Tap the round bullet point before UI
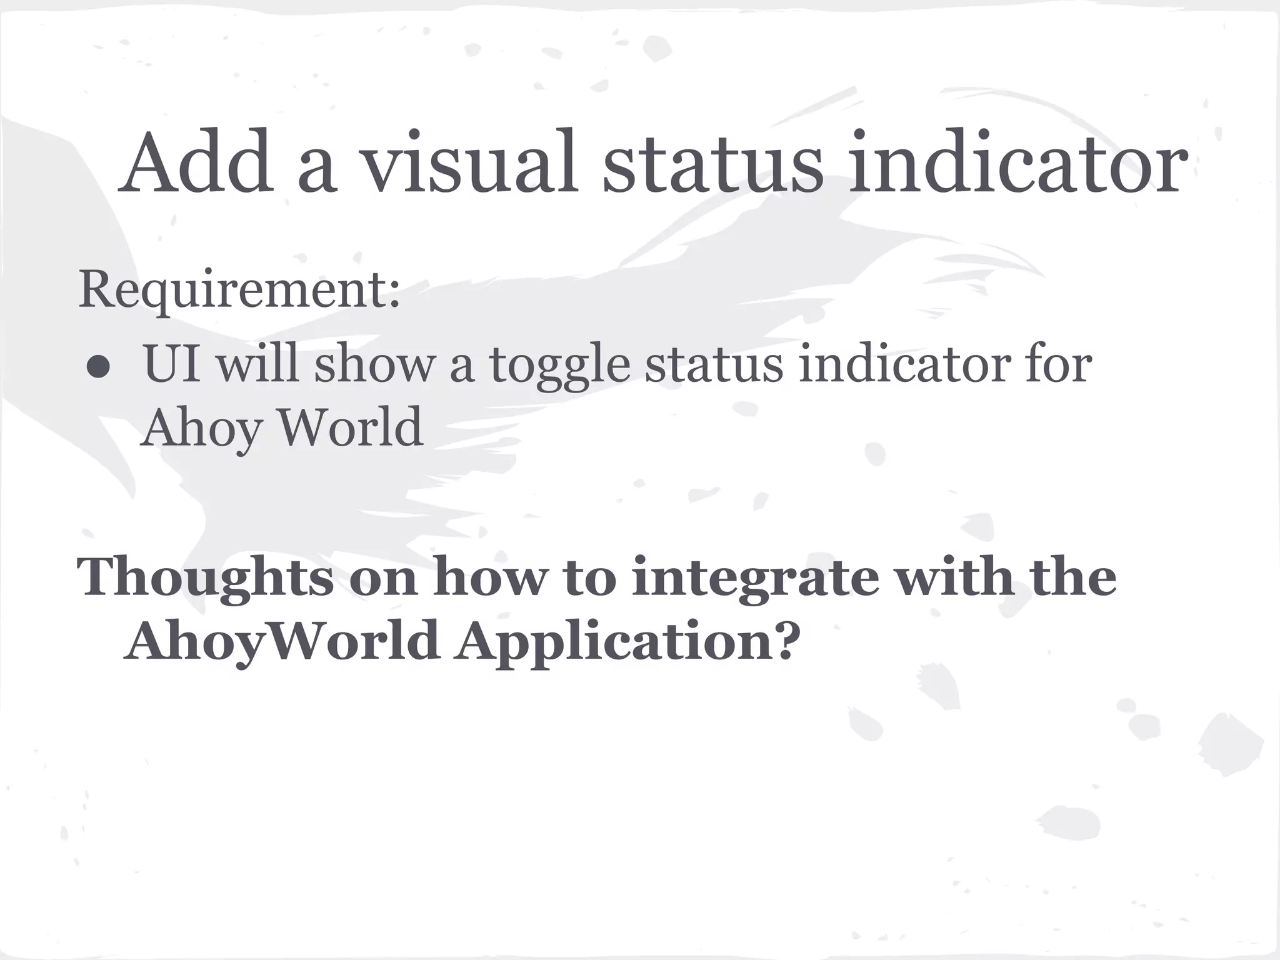tap(99, 369)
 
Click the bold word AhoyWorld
tap(281, 642)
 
